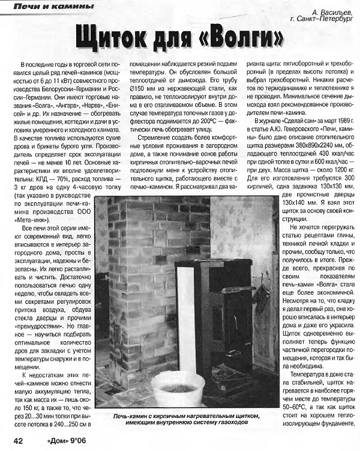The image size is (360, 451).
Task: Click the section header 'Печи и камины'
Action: [x=53, y=7]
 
